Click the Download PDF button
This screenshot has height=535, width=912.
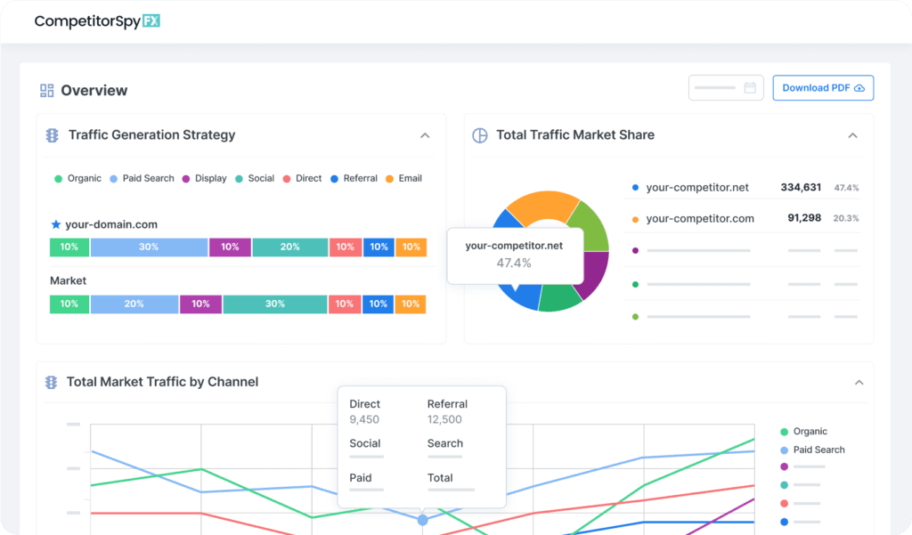(x=823, y=88)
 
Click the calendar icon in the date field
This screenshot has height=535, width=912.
(x=750, y=88)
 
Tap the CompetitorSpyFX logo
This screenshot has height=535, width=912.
(x=97, y=21)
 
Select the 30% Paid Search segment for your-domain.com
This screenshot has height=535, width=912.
(x=148, y=247)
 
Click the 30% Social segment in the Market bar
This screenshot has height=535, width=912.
(x=274, y=304)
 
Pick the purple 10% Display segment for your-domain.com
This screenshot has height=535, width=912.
(x=230, y=247)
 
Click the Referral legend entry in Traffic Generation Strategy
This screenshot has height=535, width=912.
(x=354, y=179)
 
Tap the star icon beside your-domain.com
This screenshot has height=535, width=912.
(x=56, y=225)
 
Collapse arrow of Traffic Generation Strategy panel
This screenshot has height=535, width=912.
(x=425, y=136)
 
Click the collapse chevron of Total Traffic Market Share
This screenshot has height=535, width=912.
(x=852, y=136)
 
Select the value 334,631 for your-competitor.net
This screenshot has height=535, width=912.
(x=801, y=188)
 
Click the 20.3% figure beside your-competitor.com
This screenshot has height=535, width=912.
(x=846, y=218)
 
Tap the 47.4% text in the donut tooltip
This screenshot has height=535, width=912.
(x=514, y=263)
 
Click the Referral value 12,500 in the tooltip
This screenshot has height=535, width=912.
(x=444, y=420)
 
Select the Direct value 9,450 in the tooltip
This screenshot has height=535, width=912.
(x=364, y=420)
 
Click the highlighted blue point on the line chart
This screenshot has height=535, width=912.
(x=422, y=520)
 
